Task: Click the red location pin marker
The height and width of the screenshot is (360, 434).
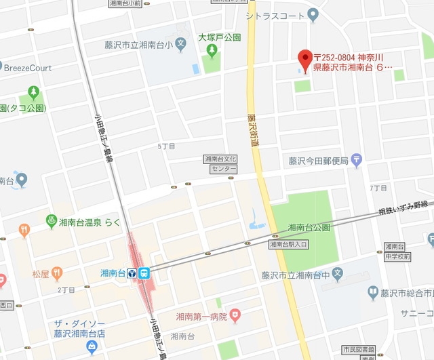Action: [x=304, y=58]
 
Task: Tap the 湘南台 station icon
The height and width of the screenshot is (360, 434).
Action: [x=144, y=273]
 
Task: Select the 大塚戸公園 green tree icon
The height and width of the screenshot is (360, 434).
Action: [x=212, y=50]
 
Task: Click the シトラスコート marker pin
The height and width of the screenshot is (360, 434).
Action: [x=313, y=14]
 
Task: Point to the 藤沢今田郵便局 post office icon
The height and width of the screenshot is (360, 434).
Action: [x=357, y=161]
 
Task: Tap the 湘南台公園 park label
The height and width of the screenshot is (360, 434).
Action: [x=309, y=227]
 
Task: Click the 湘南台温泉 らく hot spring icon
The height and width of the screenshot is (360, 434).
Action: [x=50, y=220]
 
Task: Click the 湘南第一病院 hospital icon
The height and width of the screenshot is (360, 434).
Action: [x=235, y=314]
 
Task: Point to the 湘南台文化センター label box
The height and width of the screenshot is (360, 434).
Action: [x=220, y=163]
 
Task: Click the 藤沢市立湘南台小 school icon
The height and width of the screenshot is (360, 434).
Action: [x=180, y=45]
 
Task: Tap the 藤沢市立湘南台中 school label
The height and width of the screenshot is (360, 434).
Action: [x=295, y=275]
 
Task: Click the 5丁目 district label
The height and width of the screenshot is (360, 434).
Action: [x=166, y=146]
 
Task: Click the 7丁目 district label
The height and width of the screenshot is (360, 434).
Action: [x=378, y=187]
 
